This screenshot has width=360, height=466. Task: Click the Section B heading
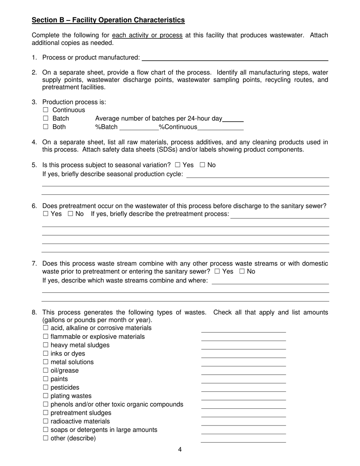108,20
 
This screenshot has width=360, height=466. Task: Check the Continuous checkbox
46,110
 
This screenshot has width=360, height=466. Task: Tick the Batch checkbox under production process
46,119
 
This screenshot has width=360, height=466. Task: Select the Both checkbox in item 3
46,127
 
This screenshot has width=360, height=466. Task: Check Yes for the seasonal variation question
178,165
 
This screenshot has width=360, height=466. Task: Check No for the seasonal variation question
202,165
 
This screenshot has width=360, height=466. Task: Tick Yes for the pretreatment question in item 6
46,214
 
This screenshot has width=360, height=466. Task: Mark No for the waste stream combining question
242,271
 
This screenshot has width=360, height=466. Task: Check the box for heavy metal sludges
46,345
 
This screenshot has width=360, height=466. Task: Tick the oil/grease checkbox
46,371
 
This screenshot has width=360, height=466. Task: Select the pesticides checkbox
46,388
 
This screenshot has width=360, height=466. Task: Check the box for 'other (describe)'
46,438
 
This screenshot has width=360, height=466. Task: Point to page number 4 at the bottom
180,450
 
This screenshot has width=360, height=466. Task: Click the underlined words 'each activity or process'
147,35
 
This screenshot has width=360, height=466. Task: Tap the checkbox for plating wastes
46,396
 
